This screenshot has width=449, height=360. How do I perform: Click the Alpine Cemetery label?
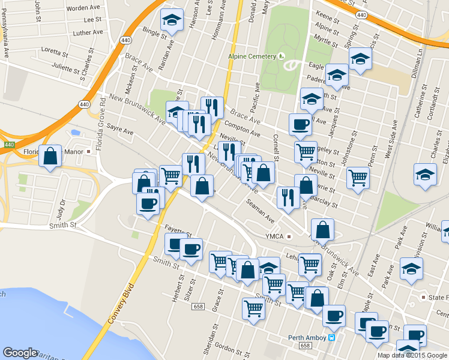[252, 56]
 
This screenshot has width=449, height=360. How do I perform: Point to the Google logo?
[20, 353]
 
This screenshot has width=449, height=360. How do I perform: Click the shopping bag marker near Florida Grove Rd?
[50, 156]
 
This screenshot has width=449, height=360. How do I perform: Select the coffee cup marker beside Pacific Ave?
[300, 125]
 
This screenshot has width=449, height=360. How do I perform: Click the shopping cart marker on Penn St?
[358, 178]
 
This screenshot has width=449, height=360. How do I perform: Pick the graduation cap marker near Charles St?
[425, 174]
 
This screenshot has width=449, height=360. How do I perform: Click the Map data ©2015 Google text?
[412, 355]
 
